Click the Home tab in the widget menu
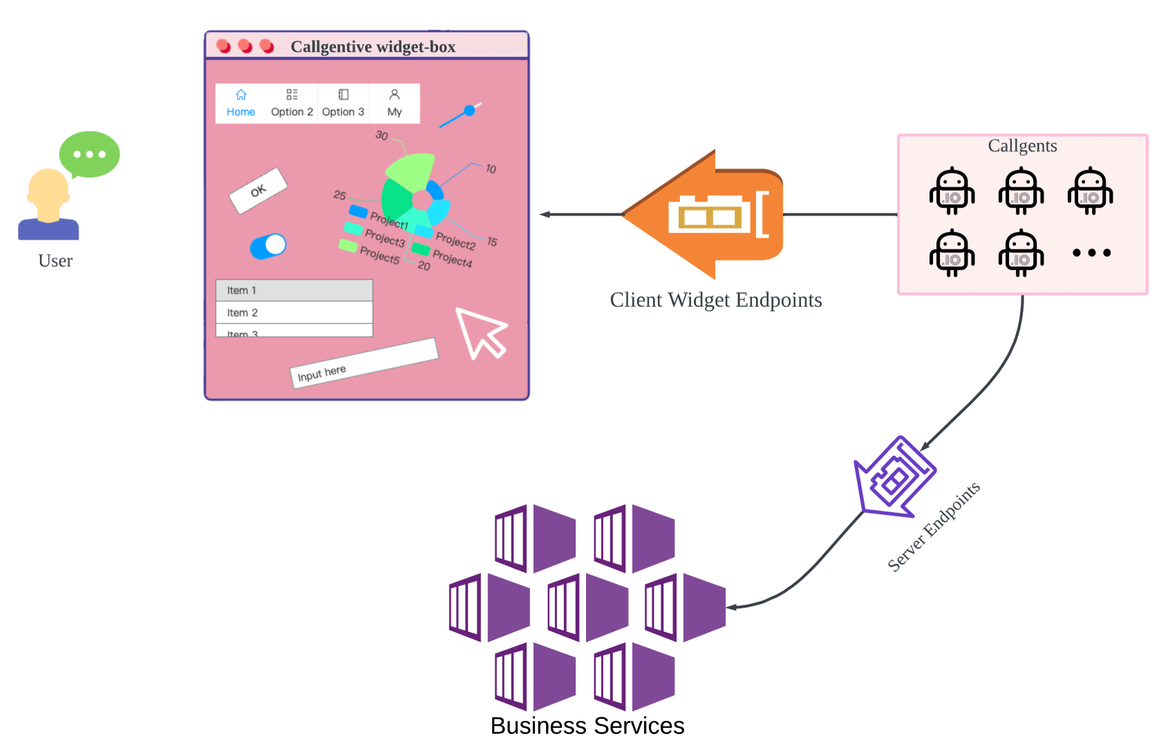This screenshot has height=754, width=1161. tap(240, 104)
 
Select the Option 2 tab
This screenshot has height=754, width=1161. tap(292, 104)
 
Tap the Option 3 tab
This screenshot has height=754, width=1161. tap(343, 104)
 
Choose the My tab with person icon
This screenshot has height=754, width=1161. tap(395, 104)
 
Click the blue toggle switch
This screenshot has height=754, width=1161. tap(268, 246)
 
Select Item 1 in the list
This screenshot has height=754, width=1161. tap(294, 291)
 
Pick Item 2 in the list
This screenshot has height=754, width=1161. tap(294, 313)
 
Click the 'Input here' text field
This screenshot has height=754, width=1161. tap(364, 363)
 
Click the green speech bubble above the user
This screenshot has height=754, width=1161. tap(89, 154)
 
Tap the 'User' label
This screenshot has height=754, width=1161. tap(55, 261)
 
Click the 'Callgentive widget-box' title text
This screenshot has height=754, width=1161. tap(372, 47)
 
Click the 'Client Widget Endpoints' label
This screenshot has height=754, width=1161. tap(716, 300)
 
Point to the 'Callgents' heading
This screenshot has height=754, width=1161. tap(1022, 146)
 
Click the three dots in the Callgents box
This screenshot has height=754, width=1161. tap(1092, 253)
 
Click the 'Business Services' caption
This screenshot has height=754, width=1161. tap(587, 726)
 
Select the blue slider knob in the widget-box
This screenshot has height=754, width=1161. tap(470, 110)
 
